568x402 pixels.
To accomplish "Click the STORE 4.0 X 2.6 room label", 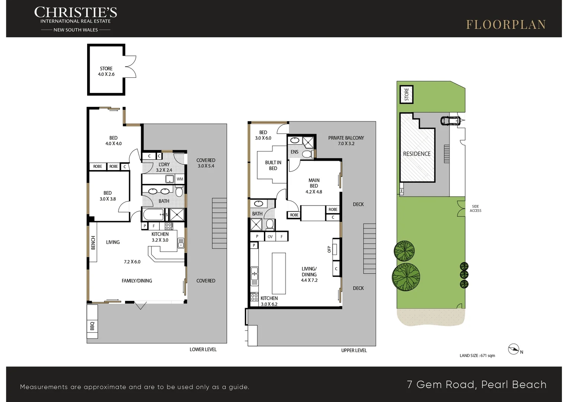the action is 106,71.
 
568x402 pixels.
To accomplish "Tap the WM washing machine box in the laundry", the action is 180,179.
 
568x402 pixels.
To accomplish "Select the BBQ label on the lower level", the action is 92,326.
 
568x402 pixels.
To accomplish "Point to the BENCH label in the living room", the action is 93,243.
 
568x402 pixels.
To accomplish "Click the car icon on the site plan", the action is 451,121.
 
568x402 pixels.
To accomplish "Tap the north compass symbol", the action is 514,349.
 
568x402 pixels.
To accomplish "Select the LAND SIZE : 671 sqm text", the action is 477,355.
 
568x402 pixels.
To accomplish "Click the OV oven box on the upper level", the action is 270,237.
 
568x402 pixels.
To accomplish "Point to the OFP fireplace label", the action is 329,249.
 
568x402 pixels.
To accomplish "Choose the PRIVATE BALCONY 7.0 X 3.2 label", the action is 346,141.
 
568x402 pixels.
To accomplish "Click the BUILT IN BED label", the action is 273,165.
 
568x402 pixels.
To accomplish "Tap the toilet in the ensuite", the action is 307,154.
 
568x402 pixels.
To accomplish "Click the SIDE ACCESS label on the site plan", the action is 475,208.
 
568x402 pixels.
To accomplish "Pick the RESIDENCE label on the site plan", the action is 417,154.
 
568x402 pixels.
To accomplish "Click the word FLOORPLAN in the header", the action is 506,25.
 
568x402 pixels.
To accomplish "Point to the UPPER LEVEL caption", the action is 354,351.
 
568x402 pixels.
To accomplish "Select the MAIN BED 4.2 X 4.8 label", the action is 314,186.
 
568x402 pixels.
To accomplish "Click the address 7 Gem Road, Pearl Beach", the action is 477,385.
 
